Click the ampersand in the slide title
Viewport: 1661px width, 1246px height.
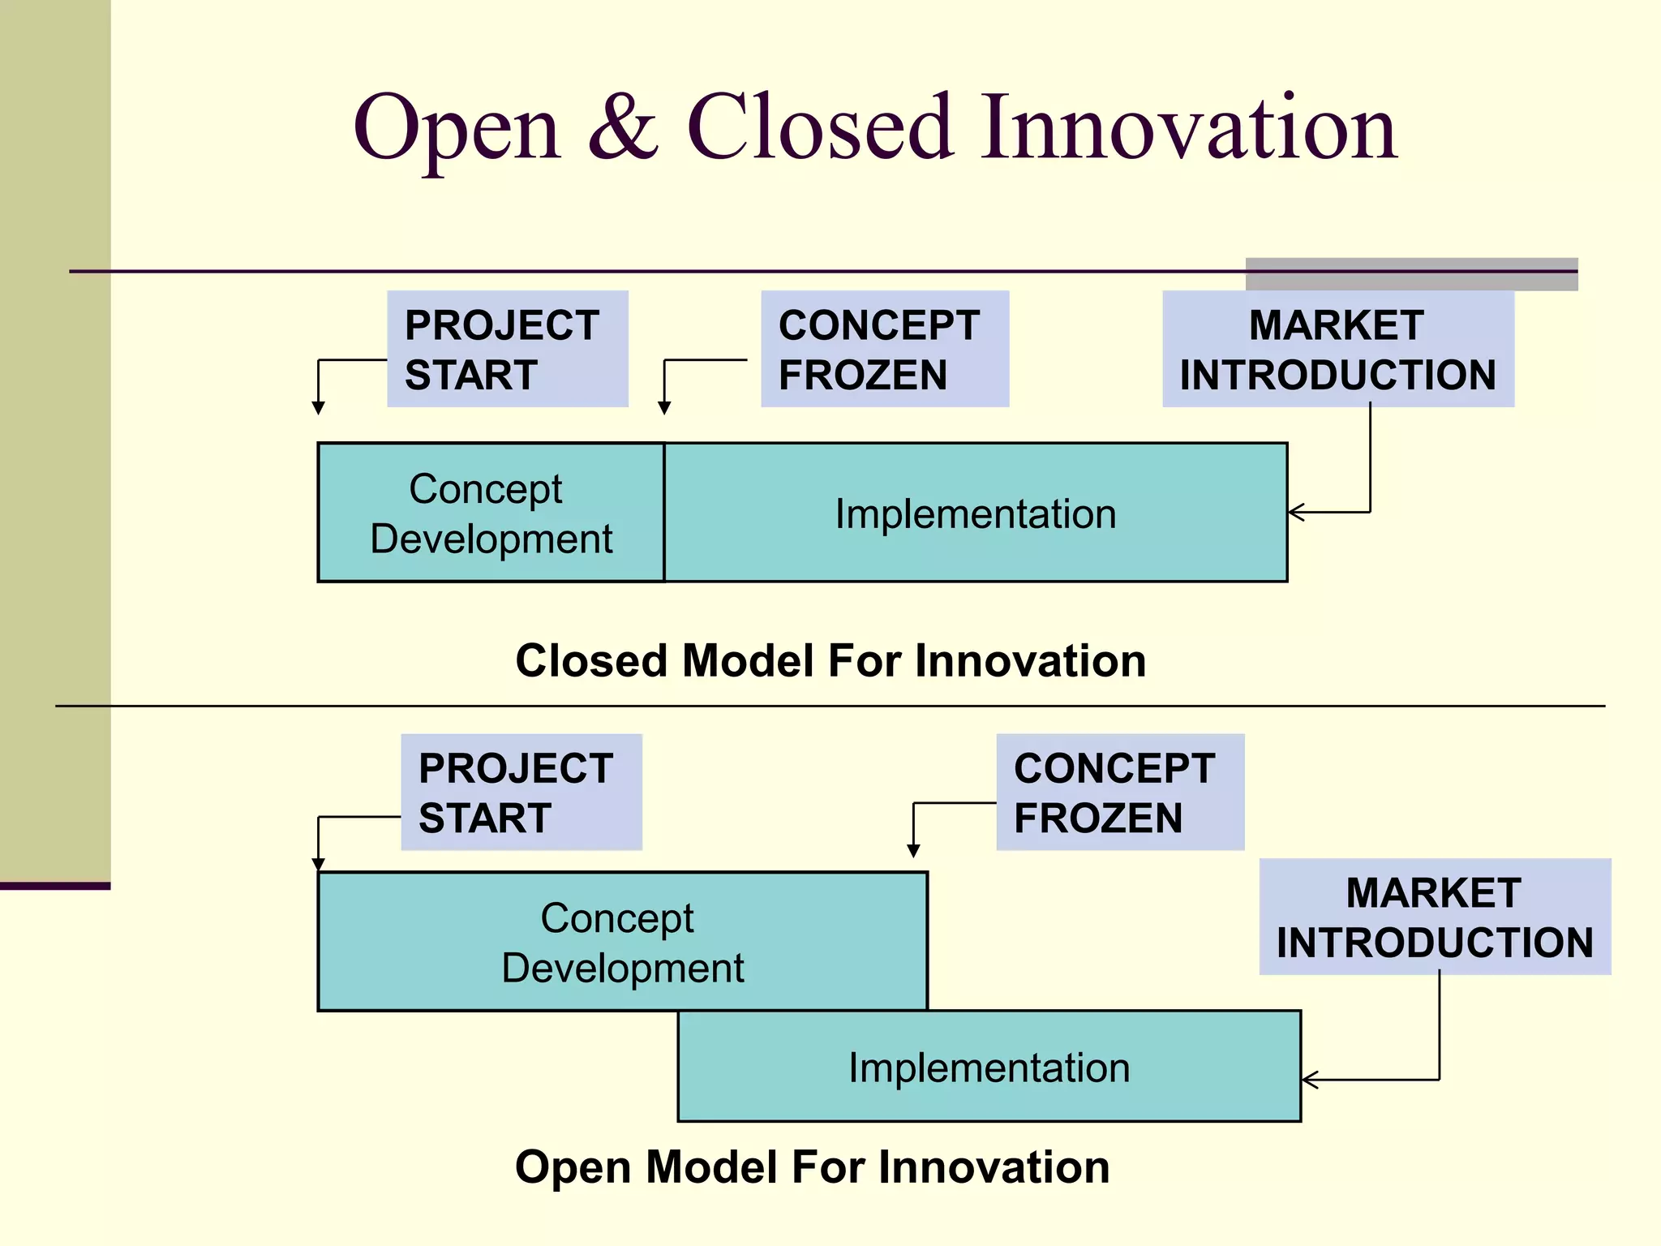point(623,128)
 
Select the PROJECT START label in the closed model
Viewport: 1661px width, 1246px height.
point(507,349)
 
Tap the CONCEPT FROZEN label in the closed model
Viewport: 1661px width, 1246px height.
point(884,349)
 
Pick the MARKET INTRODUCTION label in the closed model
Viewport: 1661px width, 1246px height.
point(1337,349)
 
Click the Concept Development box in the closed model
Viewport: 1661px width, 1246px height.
point(491,513)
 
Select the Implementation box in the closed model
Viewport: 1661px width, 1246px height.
point(976,513)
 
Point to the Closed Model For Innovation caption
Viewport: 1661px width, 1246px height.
point(830,660)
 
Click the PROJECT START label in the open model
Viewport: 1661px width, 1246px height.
point(521,793)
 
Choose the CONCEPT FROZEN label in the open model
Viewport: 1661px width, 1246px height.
point(1119,793)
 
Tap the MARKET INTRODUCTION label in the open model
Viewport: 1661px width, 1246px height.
point(1434,917)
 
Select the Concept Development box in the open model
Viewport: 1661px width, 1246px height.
point(622,942)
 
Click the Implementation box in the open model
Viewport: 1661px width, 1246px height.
point(989,1067)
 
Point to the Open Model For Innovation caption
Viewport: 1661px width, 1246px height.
point(812,1167)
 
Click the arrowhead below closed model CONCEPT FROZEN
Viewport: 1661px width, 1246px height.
point(664,408)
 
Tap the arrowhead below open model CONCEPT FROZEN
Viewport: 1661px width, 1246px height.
point(913,851)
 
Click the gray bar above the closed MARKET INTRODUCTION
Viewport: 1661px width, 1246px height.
point(1411,274)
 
